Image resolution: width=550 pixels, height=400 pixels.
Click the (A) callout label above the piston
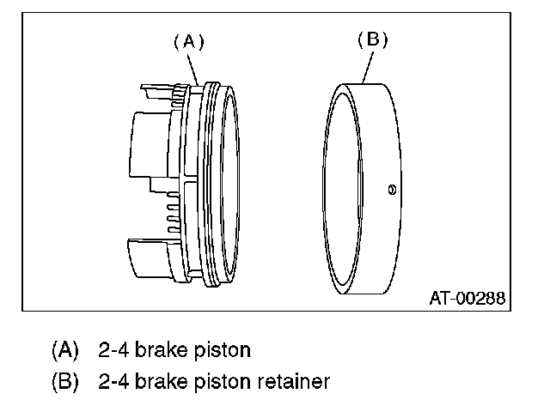click(189, 42)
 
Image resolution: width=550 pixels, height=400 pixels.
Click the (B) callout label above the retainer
click(372, 39)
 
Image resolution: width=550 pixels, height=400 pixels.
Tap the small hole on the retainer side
click(392, 190)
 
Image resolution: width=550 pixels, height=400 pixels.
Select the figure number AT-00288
click(467, 298)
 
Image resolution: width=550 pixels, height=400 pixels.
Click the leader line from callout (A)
click(193, 70)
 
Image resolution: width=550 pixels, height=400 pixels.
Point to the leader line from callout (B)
click(368, 68)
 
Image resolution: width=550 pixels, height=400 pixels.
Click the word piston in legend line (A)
click(223, 350)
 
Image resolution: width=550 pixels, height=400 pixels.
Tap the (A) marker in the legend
click(65, 350)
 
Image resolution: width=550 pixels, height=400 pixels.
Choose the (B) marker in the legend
click(65, 381)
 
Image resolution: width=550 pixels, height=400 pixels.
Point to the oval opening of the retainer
click(342, 189)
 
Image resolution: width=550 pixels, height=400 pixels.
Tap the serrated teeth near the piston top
click(179, 94)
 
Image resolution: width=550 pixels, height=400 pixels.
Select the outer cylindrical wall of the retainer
click(381, 189)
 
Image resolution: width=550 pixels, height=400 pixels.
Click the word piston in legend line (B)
click(223, 381)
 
